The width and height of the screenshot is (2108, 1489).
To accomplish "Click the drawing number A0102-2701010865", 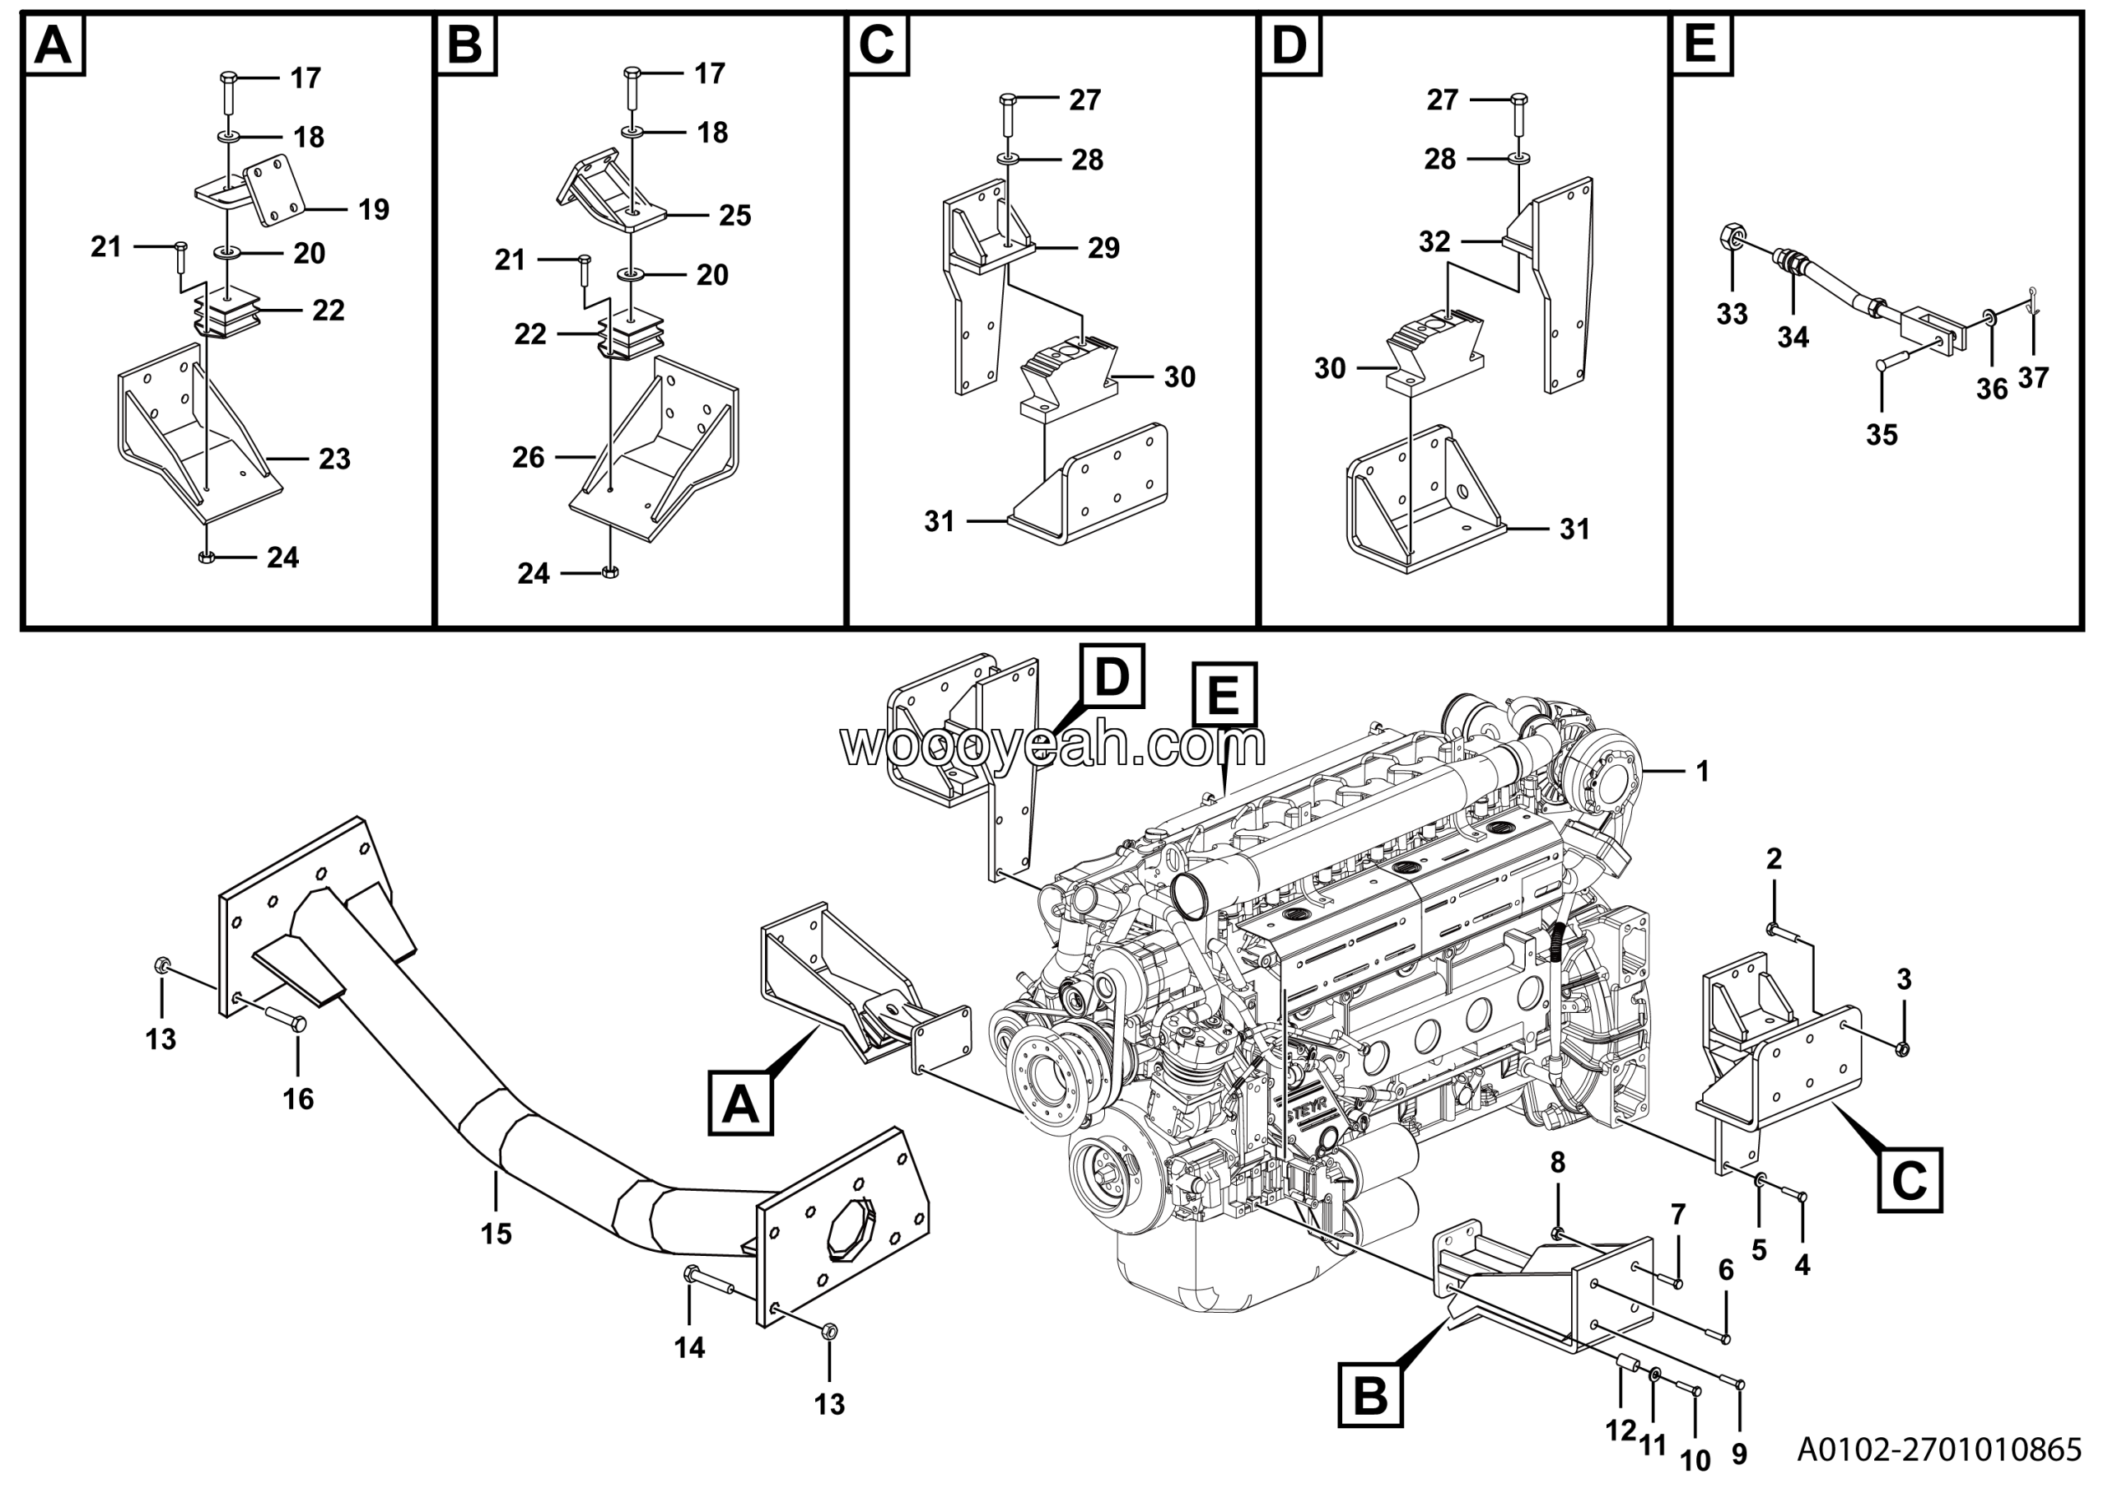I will click(x=1938, y=1449).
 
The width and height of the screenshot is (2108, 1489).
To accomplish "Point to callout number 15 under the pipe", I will click(x=496, y=1234).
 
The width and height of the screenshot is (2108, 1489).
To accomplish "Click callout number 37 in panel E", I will click(x=2033, y=377).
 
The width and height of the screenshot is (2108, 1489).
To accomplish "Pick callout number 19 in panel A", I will click(x=373, y=209).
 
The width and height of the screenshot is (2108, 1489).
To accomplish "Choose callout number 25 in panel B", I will click(x=735, y=215).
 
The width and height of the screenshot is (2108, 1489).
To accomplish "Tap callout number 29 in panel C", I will click(x=1103, y=248).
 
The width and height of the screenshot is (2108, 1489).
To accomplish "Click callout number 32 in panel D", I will click(x=1434, y=241).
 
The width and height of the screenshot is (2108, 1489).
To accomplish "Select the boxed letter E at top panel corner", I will click(x=1700, y=43).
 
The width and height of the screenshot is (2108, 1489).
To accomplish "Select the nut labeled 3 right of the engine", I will click(x=1902, y=1048).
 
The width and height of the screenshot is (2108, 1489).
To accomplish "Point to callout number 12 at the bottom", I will click(x=1621, y=1431).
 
